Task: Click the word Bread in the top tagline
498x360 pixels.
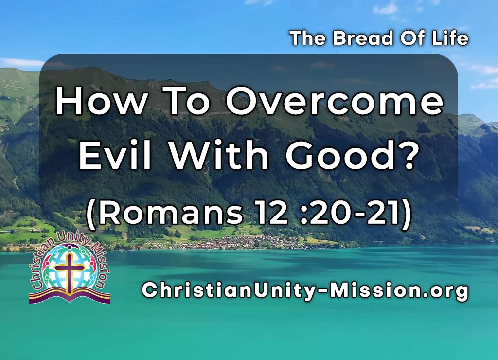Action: [x=357, y=38]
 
